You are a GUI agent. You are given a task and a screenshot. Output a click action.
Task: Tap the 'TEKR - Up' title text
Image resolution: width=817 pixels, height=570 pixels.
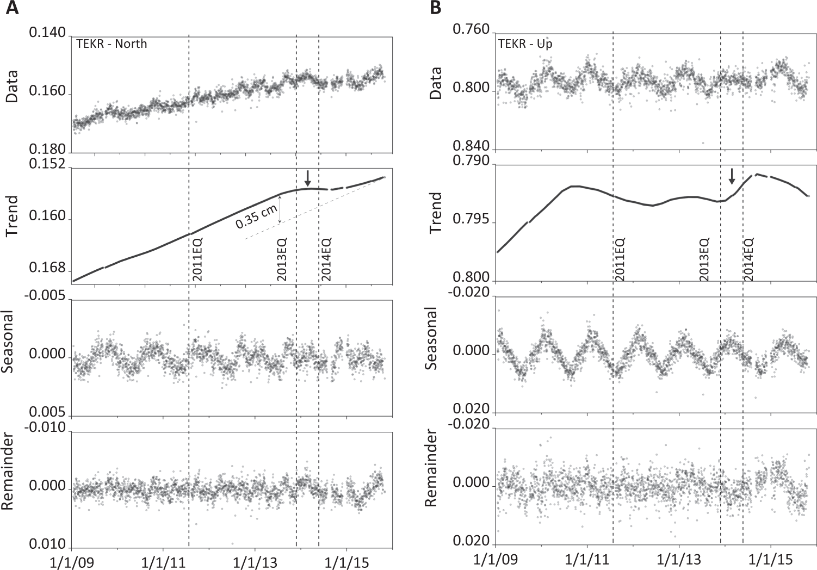(x=525, y=44)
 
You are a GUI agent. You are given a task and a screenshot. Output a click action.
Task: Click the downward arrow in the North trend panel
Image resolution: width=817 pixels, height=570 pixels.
(x=308, y=178)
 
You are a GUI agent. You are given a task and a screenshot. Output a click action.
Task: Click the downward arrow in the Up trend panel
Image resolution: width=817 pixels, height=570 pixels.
(x=732, y=176)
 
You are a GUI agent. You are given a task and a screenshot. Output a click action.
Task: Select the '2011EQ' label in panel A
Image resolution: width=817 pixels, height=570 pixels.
(x=197, y=259)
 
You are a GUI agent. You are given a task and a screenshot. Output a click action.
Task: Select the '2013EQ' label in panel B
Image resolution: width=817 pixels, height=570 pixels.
(x=704, y=259)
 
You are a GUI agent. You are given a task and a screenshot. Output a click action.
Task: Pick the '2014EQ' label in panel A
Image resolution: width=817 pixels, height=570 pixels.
(x=326, y=259)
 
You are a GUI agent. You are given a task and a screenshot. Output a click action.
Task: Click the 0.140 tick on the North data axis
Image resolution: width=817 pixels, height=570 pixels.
(x=47, y=33)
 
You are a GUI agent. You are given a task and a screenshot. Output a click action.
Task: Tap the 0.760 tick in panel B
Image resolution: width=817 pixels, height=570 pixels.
(x=471, y=30)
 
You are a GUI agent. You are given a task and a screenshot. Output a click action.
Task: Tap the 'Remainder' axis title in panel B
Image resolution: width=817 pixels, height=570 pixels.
(x=431, y=467)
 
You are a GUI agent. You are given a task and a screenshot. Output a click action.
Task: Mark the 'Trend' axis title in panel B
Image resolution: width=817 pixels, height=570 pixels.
(x=436, y=213)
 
